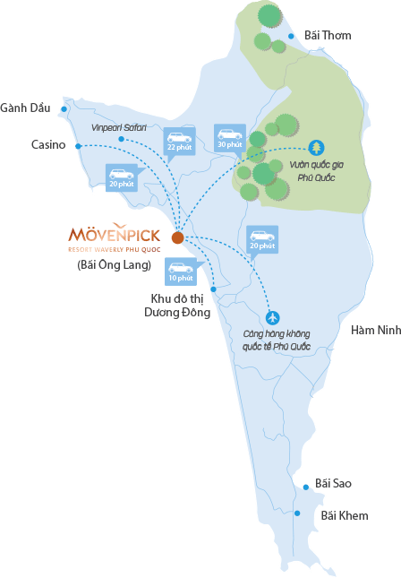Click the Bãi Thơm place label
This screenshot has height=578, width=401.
pyautogui.click(x=328, y=35)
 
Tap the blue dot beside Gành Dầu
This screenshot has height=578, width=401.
pyautogui.click(x=64, y=109)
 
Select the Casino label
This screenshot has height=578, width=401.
pyautogui.click(x=48, y=144)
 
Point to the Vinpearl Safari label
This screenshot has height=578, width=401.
pyautogui.click(x=118, y=127)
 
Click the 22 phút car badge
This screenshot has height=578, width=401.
pyautogui.click(x=179, y=142)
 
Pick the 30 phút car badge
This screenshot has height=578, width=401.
pyautogui.click(x=230, y=139)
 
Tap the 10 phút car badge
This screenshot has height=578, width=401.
pyautogui.click(x=181, y=272)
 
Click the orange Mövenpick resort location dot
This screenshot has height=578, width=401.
pyautogui.click(x=178, y=237)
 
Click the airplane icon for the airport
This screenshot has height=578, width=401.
pyautogui.click(x=272, y=318)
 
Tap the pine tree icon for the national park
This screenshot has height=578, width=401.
pyautogui.click(x=316, y=148)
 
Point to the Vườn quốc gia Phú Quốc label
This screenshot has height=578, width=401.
pyautogui.click(x=316, y=171)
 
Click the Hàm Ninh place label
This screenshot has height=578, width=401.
pyautogui.click(x=376, y=330)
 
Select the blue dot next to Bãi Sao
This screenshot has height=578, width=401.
pyautogui.click(x=306, y=487)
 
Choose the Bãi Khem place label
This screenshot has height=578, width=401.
pyautogui.click(x=345, y=515)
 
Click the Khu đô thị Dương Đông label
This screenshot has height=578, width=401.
pyautogui.click(x=177, y=306)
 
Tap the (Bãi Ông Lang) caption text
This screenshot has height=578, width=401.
pyautogui.click(x=115, y=265)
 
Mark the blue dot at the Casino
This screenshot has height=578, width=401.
pyautogui.click(x=78, y=146)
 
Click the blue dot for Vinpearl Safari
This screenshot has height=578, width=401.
pyautogui.click(x=121, y=139)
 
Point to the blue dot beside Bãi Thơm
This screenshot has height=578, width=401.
pyautogui.click(x=291, y=36)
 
